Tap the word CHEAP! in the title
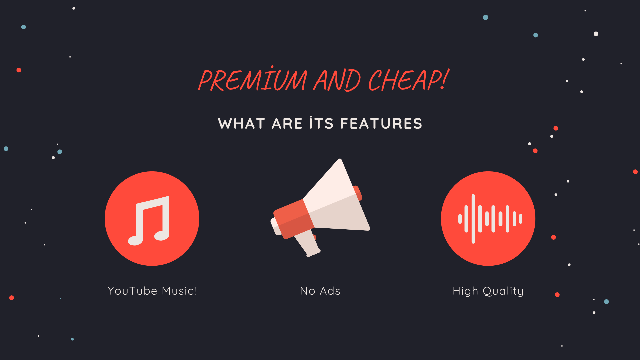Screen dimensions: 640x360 [409, 80]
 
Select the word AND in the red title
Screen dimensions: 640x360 [337, 80]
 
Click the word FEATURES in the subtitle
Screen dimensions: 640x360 [381, 124]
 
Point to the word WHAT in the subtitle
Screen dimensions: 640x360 [242, 124]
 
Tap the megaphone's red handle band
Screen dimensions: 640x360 [293, 219]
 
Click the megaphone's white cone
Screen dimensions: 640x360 [337, 200]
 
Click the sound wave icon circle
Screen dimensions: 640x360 [488, 219]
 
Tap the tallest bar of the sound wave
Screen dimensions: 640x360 [473, 219]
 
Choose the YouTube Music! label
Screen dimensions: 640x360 [152, 291]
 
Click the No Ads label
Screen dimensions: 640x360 [320, 291]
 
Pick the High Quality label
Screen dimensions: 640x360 [488, 291]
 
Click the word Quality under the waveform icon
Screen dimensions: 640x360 [503, 291]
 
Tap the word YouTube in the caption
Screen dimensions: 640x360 [132, 291]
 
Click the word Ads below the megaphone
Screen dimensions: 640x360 [330, 291]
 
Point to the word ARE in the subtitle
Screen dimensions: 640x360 [287, 124]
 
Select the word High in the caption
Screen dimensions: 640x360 [465, 291]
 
